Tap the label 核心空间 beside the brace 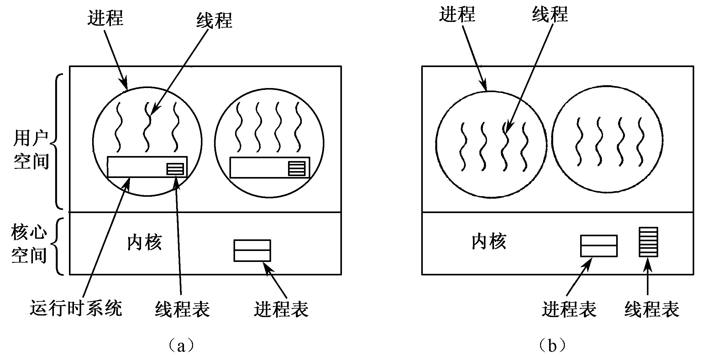29,243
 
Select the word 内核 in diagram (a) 144,243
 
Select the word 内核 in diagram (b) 489,242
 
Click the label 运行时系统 76,308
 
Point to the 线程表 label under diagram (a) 182,309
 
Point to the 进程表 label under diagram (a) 281,309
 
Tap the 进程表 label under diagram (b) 569,309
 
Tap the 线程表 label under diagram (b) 652,309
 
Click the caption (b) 552,346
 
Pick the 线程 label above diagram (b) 550,14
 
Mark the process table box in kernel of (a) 252,250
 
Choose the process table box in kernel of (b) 599,246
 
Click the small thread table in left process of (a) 175,169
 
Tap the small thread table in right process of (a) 296,169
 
